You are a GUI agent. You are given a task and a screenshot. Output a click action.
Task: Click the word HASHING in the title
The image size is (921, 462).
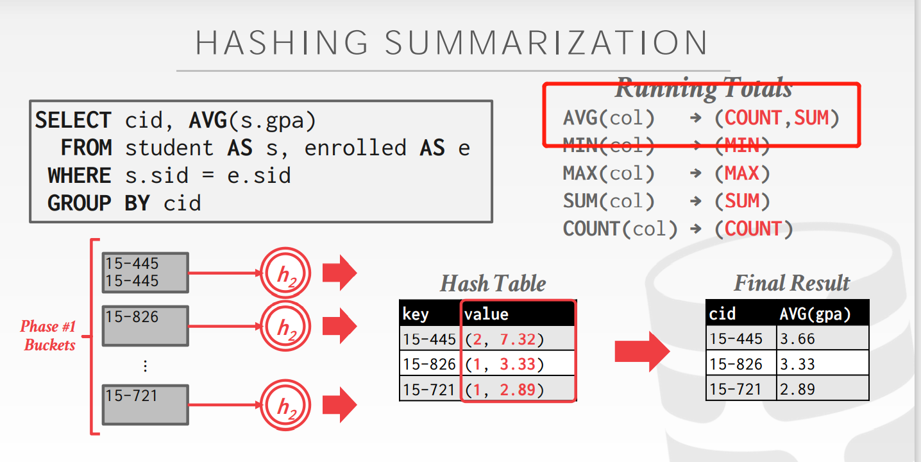click(x=282, y=42)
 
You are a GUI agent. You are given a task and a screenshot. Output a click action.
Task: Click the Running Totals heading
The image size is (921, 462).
click(x=704, y=89)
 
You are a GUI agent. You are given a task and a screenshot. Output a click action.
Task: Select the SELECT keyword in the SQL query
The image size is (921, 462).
click(x=73, y=120)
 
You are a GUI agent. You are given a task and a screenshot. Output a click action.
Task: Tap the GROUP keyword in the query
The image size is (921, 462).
click(x=80, y=203)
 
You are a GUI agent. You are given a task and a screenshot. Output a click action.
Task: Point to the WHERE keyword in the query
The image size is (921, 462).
click(x=80, y=175)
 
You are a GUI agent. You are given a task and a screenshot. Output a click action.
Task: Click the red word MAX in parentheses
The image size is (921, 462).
click(x=741, y=173)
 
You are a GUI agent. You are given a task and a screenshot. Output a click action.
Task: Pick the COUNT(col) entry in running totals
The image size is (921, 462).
click(x=620, y=229)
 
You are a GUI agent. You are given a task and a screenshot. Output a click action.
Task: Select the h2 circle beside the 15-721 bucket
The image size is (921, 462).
click(x=285, y=406)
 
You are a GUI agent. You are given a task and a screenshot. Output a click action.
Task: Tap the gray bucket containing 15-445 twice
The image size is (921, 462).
click(x=145, y=273)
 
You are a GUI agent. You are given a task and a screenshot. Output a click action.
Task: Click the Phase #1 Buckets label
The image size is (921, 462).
click(x=49, y=336)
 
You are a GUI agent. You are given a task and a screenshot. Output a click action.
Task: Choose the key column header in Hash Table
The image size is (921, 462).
click(x=416, y=314)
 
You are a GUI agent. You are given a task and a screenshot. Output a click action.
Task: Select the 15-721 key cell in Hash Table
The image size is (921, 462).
click(x=429, y=389)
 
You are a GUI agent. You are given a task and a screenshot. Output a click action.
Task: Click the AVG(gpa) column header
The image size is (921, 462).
click(x=815, y=314)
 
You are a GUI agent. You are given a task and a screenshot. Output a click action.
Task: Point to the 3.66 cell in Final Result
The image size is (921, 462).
click(x=797, y=338)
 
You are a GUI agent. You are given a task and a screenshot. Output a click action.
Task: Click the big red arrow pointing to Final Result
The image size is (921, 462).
click(x=641, y=351)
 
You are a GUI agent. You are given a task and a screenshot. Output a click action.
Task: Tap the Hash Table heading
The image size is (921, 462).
click(x=493, y=284)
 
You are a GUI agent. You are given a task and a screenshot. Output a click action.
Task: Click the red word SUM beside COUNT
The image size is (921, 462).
click(x=812, y=117)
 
